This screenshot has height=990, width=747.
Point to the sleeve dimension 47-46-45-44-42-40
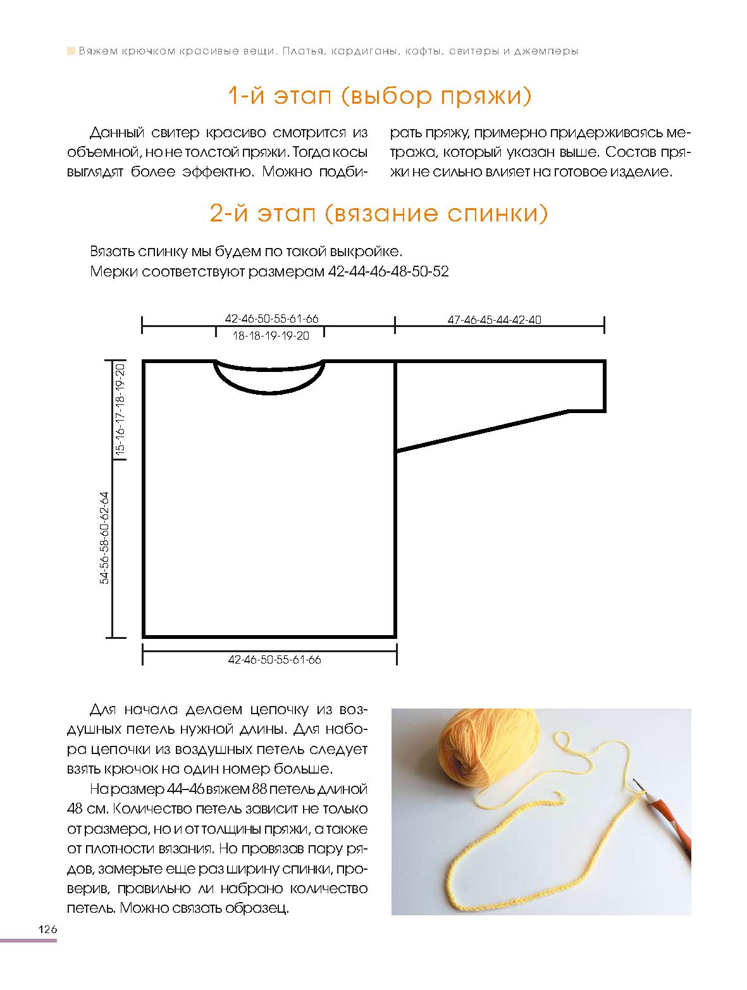pos(494,319)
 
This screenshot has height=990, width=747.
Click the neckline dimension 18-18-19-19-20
pos(271,336)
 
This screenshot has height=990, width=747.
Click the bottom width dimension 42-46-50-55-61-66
pos(275,660)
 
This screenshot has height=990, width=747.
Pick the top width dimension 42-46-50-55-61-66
pos(271,319)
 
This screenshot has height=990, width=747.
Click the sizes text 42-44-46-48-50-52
pos(389,272)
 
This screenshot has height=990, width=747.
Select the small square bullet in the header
pos(71,51)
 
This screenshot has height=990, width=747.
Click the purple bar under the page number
pos(28,941)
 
